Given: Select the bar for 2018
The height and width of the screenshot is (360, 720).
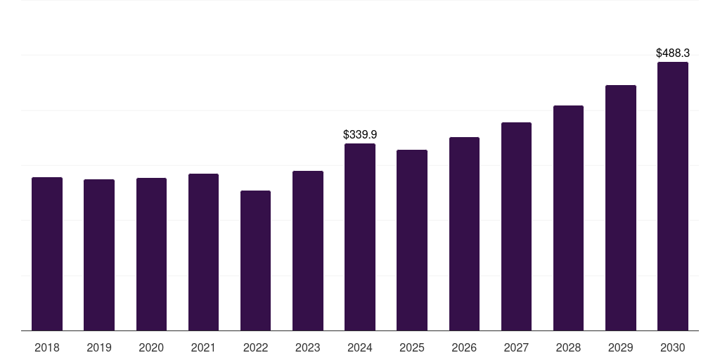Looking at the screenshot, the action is pyautogui.click(x=47, y=254).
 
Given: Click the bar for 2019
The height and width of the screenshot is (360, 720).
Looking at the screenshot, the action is pyautogui.click(x=99, y=255).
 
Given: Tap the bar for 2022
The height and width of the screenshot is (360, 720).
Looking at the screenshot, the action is pyautogui.click(x=255, y=260).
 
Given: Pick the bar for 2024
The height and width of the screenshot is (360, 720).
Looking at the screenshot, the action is pyautogui.click(x=360, y=237).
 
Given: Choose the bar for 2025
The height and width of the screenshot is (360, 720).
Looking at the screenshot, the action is pyautogui.click(x=412, y=240).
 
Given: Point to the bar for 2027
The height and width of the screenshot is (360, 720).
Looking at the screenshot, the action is pyautogui.click(x=516, y=226).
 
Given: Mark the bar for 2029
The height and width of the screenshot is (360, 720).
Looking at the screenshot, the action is pyautogui.click(x=621, y=208).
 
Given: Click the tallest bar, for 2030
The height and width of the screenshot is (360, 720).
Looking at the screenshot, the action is pyautogui.click(x=673, y=196).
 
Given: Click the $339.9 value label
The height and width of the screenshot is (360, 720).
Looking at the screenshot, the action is pyautogui.click(x=360, y=134).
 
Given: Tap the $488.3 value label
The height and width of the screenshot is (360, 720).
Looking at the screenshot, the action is pyautogui.click(x=673, y=53).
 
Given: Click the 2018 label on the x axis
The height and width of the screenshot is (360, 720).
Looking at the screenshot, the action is pyautogui.click(x=47, y=347).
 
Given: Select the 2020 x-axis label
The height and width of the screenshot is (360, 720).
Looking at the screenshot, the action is pyautogui.click(x=151, y=347).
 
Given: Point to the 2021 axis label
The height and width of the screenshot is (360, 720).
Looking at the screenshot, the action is pyautogui.click(x=203, y=347).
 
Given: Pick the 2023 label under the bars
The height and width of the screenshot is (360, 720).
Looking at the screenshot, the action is pyautogui.click(x=308, y=347).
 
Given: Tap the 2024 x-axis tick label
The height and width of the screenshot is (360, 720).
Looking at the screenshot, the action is pyautogui.click(x=360, y=347).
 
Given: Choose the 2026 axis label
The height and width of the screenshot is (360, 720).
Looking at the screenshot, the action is pyautogui.click(x=464, y=347).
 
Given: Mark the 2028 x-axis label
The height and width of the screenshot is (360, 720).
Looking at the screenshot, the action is pyautogui.click(x=568, y=347).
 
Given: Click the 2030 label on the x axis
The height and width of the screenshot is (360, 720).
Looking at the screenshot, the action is pyautogui.click(x=673, y=347).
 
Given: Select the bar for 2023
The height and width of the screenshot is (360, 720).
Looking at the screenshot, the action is pyautogui.click(x=308, y=251).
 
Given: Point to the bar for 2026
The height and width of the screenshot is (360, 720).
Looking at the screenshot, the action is pyautogui.click(x=464, y=233).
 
